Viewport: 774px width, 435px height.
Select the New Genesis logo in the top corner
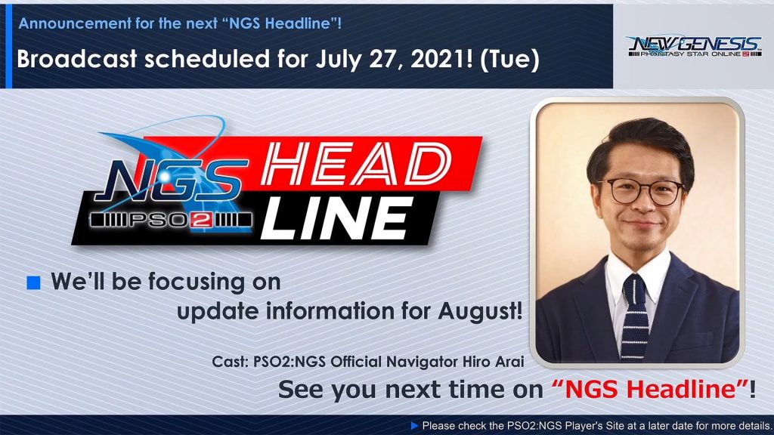click(695, 46)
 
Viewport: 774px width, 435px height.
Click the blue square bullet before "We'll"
click(33, 282)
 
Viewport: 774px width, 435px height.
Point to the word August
click(479, 311)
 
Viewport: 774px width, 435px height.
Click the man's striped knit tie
click(635, 316)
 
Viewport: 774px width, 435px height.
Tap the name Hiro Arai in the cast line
click(493, 362)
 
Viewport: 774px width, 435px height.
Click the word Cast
click(230, 362)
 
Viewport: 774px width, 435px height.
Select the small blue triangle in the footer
click(415, 426)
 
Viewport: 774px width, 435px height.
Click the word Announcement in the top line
click(75, 23)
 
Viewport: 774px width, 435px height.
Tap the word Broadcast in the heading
click(76, 59)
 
